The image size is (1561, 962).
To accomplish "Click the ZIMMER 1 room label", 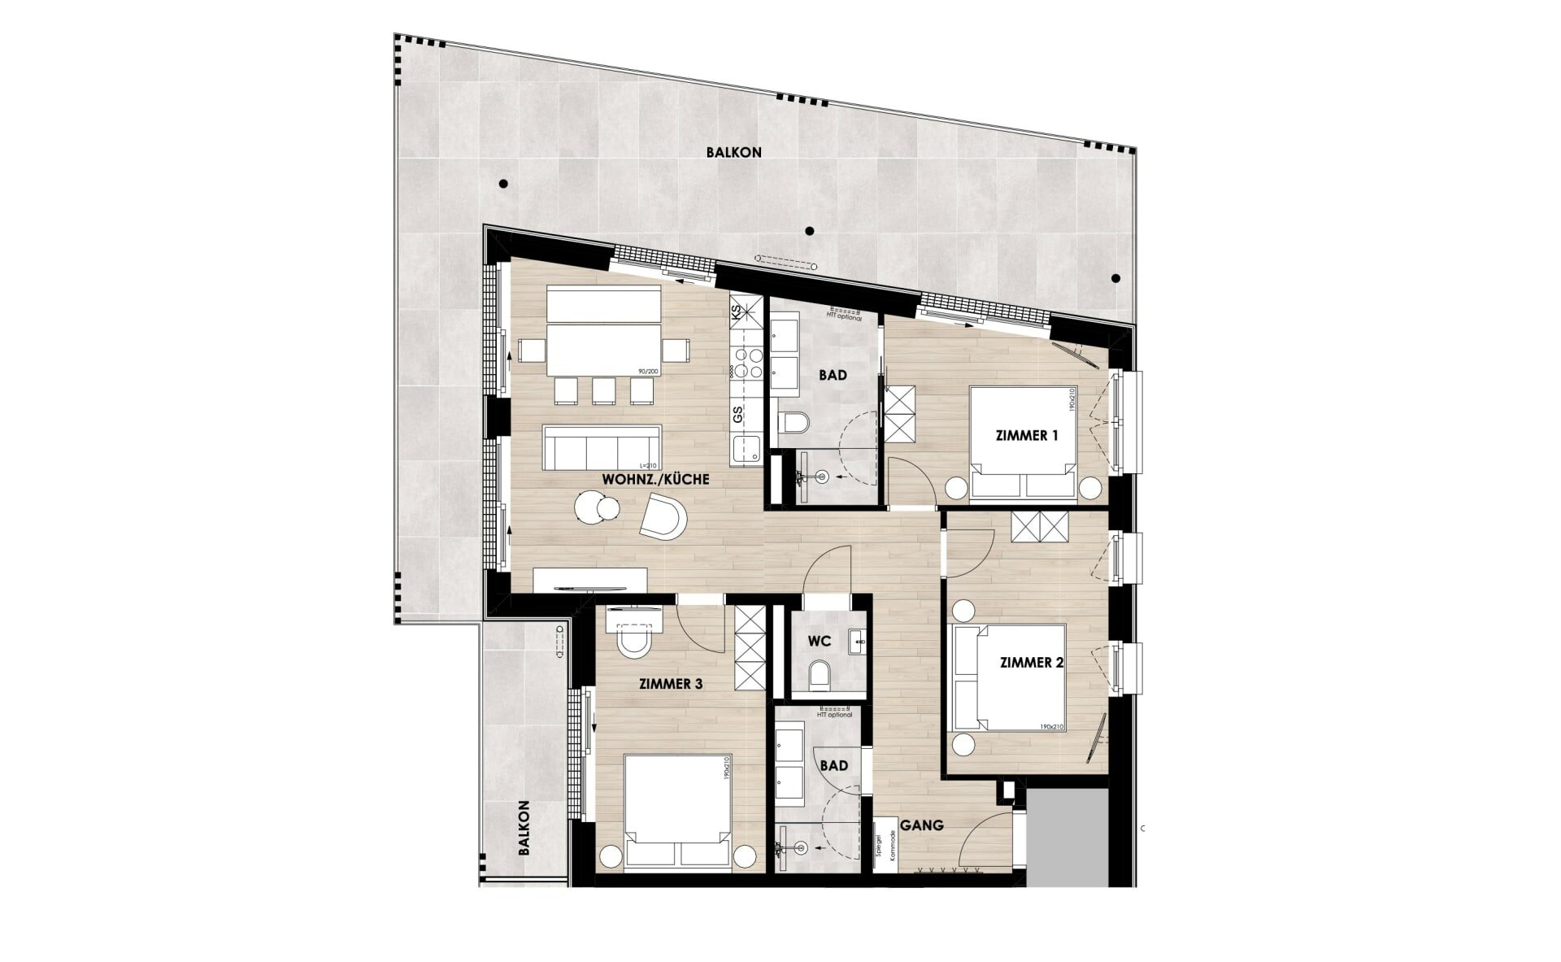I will coord(1027,435).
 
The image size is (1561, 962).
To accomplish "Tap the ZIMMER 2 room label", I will coord(1032,663).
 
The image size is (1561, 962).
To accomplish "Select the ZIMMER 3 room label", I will coord(671,684).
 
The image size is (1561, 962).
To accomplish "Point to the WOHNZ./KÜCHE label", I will coord(655,480).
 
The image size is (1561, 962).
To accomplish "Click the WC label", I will coord(819,641).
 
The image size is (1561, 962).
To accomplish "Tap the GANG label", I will coord(923,825).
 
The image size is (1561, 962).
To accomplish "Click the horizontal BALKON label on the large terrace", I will coord(733,152).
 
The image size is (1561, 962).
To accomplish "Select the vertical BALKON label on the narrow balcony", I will coord(524,829).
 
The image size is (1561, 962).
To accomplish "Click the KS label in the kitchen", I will coord(737,312).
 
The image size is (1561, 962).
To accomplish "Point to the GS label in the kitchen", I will coord(737,415).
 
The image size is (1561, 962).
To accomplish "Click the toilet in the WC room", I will coord(820,674).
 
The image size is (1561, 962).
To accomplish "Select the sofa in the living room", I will coord(602,448).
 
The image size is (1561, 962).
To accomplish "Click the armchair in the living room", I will coord(663,517).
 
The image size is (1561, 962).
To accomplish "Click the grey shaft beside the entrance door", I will coord(1067,838).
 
